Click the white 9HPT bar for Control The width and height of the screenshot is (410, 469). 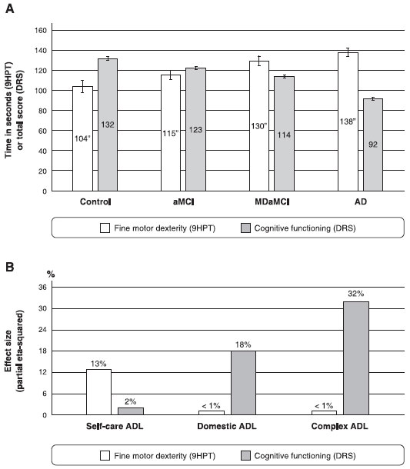point(82,139)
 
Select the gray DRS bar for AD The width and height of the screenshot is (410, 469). point(373,145)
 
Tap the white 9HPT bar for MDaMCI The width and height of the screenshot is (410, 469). point(259,126)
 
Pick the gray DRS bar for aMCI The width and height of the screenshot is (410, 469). point(195,129)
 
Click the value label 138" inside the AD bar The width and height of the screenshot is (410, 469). point(348,121)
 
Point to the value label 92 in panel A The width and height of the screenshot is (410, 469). point(373,145)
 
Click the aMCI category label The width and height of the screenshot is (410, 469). point(183,201)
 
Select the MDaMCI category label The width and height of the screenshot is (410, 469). point(272,201)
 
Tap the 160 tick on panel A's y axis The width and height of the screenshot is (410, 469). point(41,31)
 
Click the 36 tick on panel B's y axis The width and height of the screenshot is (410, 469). point(43,288)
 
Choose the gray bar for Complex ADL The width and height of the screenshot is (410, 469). point(356,358)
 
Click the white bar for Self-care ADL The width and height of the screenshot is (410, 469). point(98,392)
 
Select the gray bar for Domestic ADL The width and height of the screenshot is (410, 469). point(243,383)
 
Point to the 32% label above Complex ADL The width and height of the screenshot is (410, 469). point(356,294)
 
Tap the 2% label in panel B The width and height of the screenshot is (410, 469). point(131,401)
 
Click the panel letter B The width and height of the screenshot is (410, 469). point(9,267)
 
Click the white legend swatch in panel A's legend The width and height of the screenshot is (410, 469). point(105,228)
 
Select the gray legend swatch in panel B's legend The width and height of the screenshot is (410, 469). point(245,455)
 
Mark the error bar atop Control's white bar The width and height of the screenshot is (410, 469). point(82,86)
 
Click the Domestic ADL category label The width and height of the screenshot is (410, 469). point(227,426)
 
